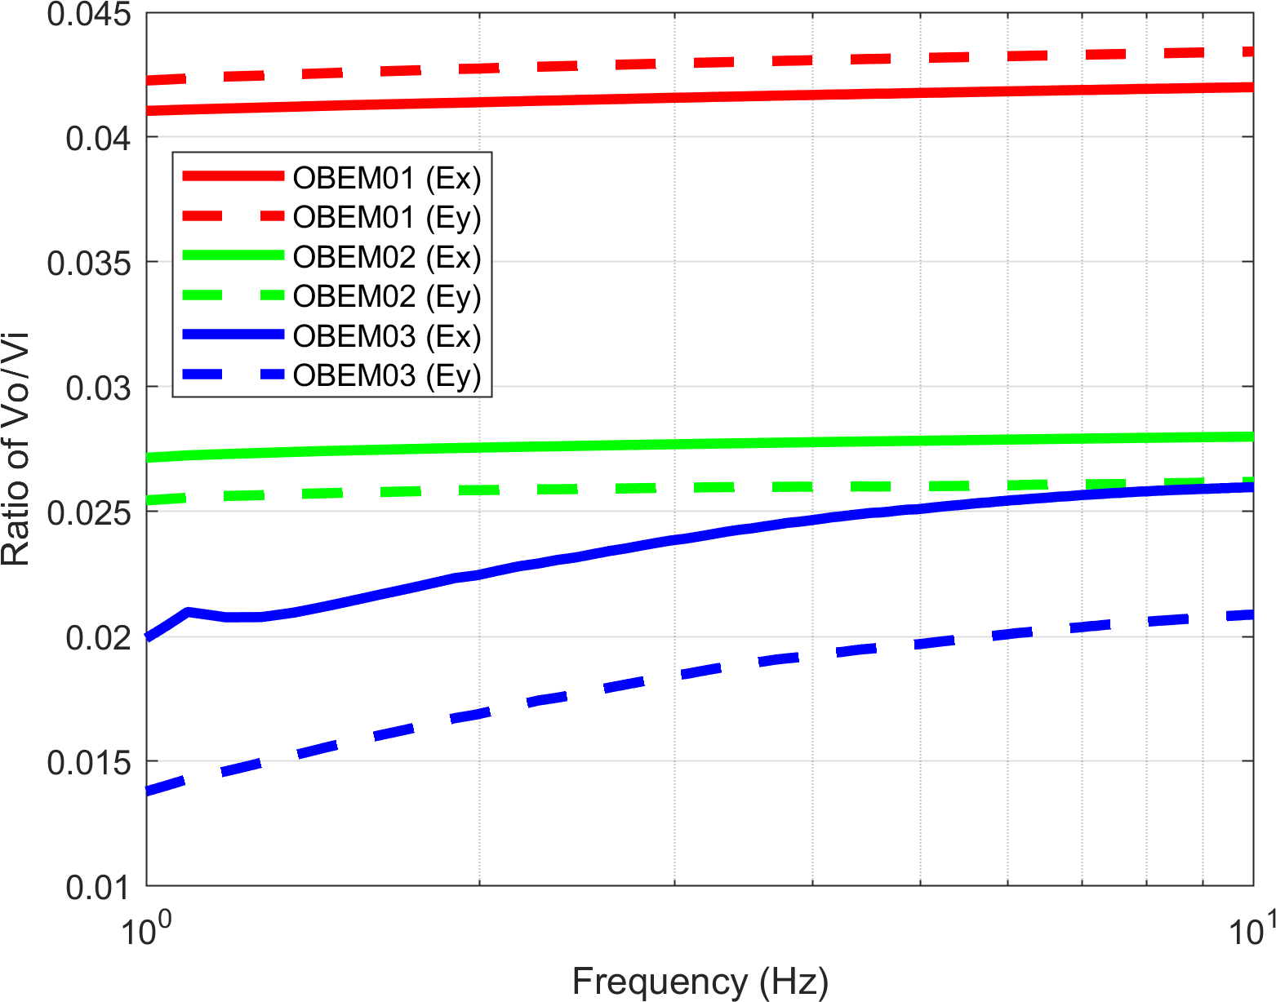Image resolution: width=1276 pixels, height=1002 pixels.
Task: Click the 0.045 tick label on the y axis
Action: (x=89, y=15)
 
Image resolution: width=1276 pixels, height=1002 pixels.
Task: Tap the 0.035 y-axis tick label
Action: (x=89, y=263)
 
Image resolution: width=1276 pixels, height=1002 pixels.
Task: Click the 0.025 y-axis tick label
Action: (x=89, y=512)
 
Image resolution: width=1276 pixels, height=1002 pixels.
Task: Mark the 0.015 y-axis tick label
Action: (x=89, y=762)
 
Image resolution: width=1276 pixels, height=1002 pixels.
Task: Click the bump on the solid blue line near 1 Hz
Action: (x=188, y=611)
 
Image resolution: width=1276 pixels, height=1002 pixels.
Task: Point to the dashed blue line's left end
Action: (x=149, y=791)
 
